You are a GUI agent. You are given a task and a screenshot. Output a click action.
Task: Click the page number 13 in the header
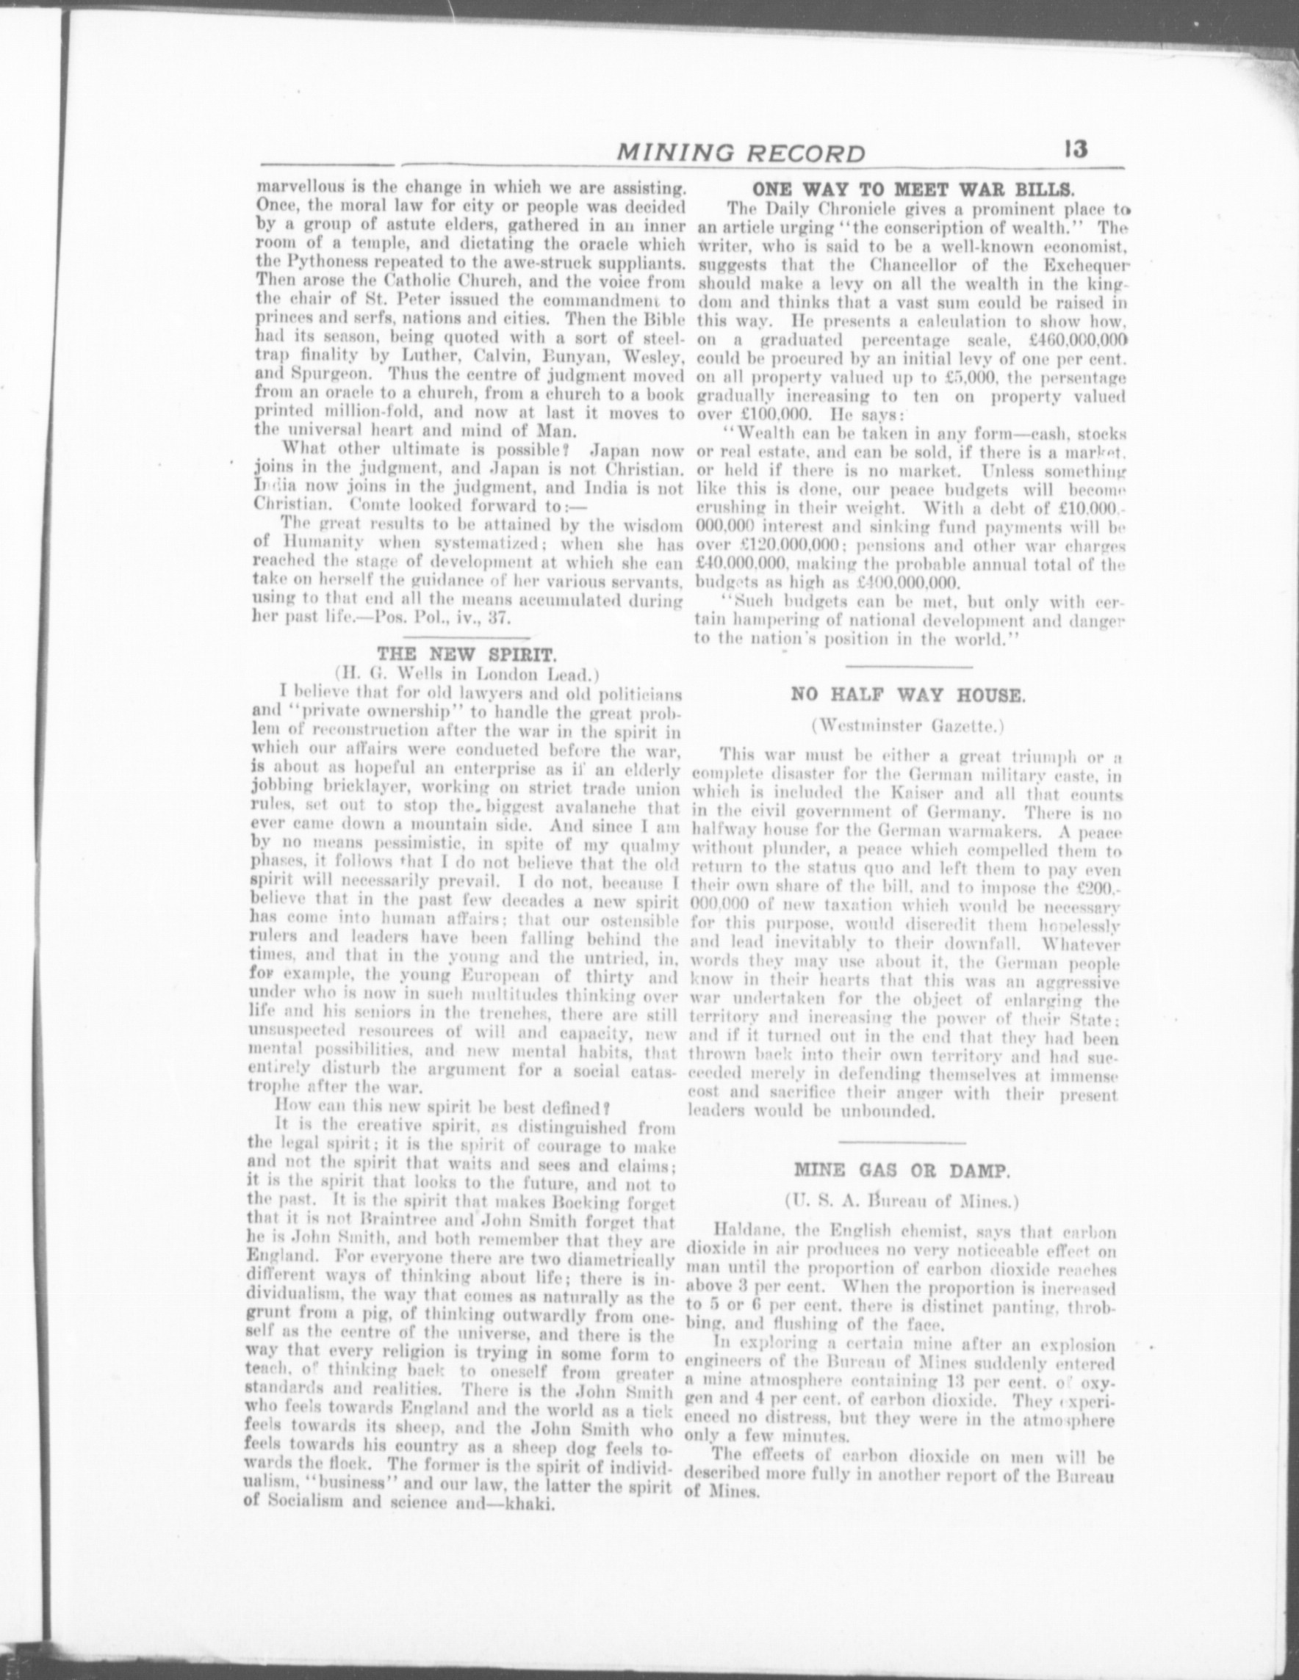click(1076, 148)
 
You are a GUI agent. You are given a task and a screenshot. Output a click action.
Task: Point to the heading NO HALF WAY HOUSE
click(909, 695)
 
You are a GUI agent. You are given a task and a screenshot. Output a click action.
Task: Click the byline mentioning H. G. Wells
click(467, 675)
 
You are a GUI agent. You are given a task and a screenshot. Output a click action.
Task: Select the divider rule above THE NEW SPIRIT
click(467, 639)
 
